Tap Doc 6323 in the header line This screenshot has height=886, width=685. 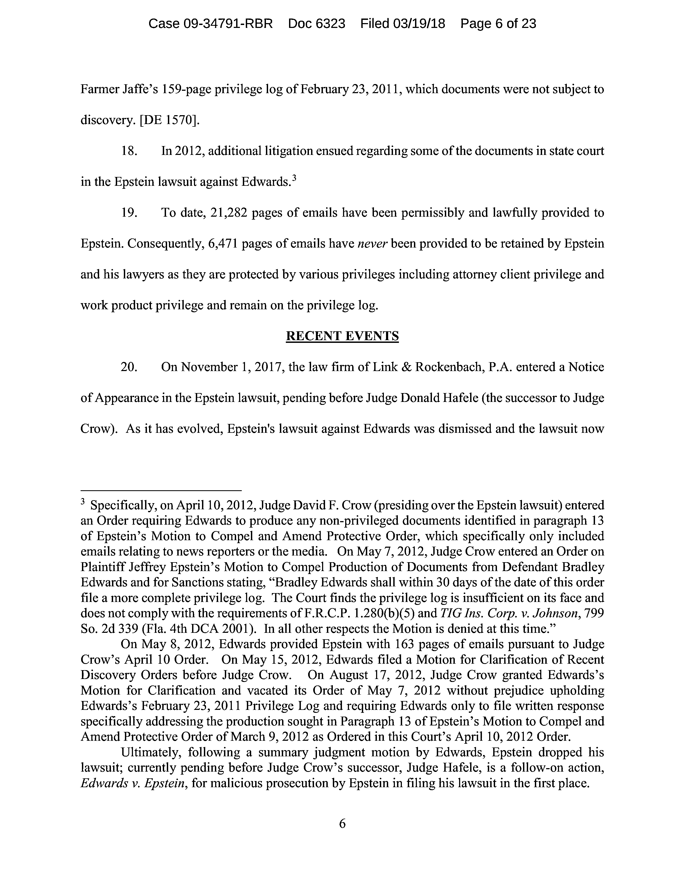(316, 24)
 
